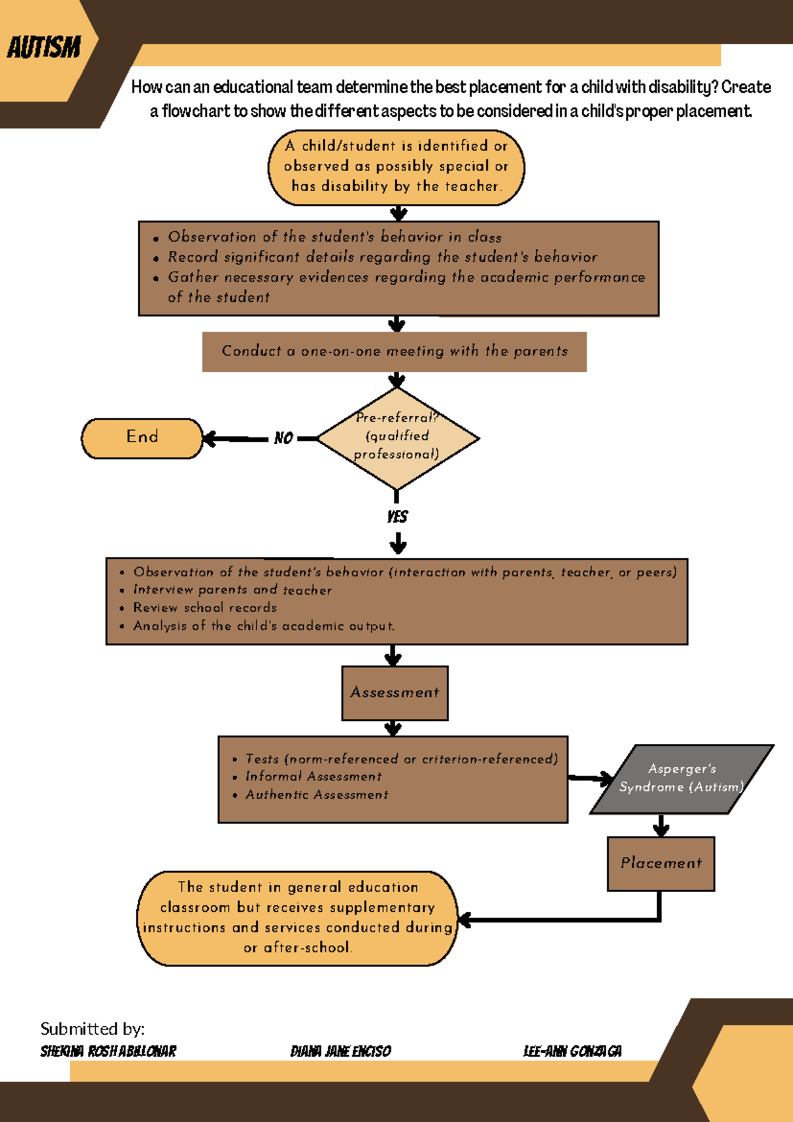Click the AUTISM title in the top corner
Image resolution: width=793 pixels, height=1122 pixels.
(x=44, y=48)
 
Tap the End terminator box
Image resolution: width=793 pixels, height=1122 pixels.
(x=142, y=437)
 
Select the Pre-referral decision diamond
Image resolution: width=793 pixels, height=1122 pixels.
(x=397, y=437)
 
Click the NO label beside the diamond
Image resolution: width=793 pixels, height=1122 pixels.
(x=283, y=438)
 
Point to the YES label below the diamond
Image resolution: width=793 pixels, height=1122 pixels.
(x=397, y=517)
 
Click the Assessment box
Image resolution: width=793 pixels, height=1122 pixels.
(x=395, y=692)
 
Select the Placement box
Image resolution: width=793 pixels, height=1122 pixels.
(x=660, y=863)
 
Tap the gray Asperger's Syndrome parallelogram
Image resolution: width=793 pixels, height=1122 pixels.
(x=681, y=778)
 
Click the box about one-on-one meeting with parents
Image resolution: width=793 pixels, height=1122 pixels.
(x=395, y=352)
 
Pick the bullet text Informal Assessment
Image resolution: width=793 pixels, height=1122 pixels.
(x=313, y=776)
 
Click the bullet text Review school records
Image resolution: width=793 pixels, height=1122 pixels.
(x=205, y=608)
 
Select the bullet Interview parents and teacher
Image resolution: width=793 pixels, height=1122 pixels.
(x=233, y=590)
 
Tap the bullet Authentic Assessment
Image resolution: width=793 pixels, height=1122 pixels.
(x=317, y=795)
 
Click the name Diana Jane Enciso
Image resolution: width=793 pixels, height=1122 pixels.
(x=340, y=1051)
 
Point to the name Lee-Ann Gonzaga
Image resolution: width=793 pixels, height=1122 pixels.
(x=572, y=1051)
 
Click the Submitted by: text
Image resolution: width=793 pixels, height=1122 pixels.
(x=93, y=1029)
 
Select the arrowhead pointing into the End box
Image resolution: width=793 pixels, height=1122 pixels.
(x=210, y=439)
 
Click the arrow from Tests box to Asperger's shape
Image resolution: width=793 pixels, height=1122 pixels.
(x=590, y=778)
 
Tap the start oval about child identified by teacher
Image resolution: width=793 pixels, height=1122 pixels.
(x=397, y=167)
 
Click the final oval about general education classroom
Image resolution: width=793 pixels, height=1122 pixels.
(x=297, y=917)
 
